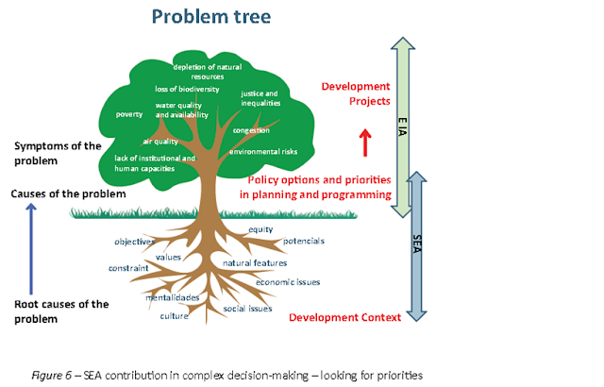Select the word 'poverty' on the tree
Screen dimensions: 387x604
(x=128, y=114)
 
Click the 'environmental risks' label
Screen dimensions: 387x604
(x=264, y=151)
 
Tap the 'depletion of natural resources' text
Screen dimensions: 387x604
(x=209, y=71)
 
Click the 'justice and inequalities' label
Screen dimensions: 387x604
(x=260, y=98)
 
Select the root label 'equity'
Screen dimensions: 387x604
(x=261, y=229)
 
